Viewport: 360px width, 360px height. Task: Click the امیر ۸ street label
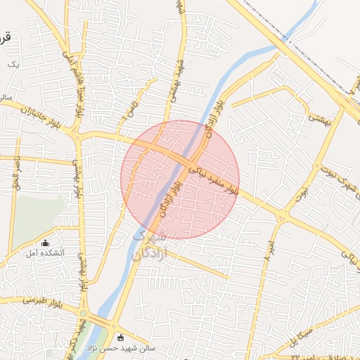269,250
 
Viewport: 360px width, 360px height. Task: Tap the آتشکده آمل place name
46,252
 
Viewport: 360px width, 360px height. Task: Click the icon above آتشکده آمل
46,243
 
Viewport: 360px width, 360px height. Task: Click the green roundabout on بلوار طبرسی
84,313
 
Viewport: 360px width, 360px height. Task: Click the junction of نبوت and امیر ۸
283,214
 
